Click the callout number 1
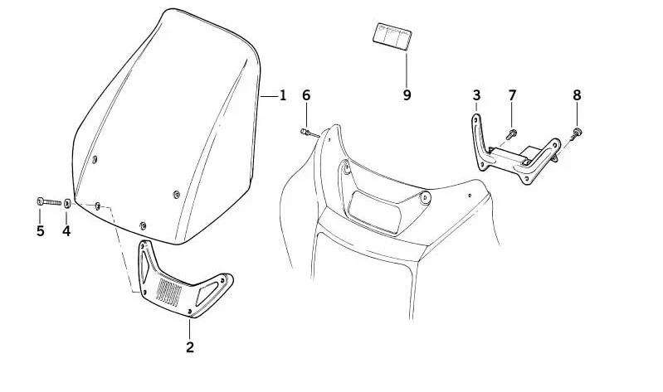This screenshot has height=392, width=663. pyautogui.click(x=282, y=96)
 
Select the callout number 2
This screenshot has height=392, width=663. pyautogui.click(x=190, y=347)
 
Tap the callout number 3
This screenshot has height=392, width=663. pyautogui.click(x=476, y=95)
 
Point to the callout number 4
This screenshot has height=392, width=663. pyautogui.click(x=66, y=231)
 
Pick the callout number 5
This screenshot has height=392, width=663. pyautogui.click(x=40, y=231)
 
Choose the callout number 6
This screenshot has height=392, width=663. pyautogui.click(x=306, y=95)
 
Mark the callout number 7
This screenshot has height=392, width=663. pyautogui.click(x=512, y=95)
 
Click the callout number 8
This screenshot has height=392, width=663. pyautogui.click(x=578, y=95)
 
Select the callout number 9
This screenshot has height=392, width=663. pyautogui.click(x=407, y=95)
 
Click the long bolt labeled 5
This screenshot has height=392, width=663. pyautogui.click(x=49, y=202)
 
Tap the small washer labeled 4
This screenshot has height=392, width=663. pyautogui.click(x=67, y=203)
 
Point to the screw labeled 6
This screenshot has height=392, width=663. pyautogui.click(x=310, y=133)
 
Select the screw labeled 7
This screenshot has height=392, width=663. pyautogui.click(x=512, y=135)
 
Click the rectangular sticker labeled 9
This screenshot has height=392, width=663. pyautogui.click(x=392, y=36)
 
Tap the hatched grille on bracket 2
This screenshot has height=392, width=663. pyautogui.click(x=168, y=292)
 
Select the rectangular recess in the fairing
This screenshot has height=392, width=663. pyautogui.click(x=374, y=212)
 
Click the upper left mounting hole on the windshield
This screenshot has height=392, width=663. pyautogui.click(x=95, y=159)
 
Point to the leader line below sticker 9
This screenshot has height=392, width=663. pyautogui.click(x=407, y=69)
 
